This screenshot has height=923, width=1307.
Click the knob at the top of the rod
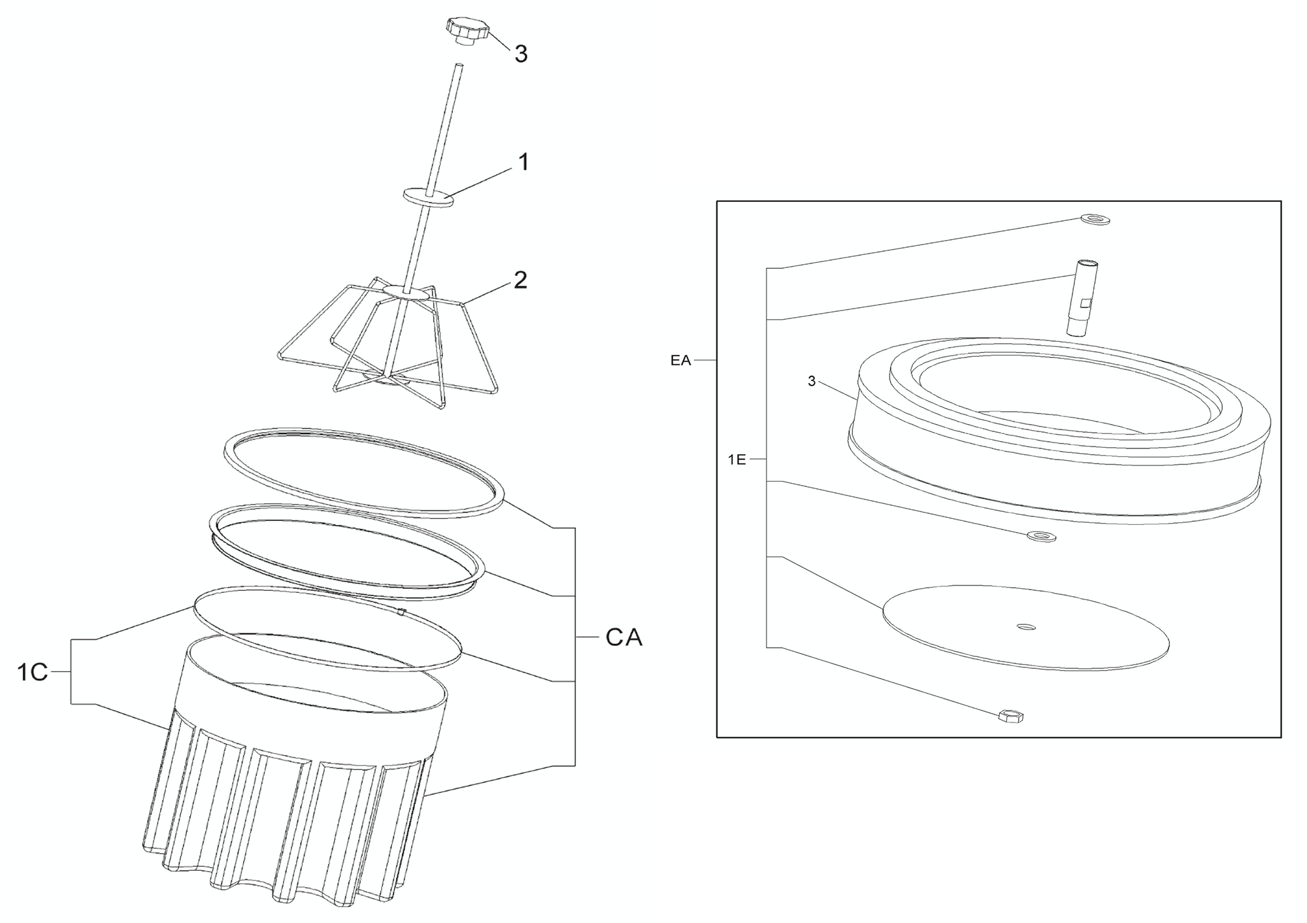click(x=467, y=30)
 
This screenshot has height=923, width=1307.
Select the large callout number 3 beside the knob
click(x=521, y=54)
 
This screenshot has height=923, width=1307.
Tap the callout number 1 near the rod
click(x=523, y=162)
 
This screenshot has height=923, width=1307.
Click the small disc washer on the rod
click(x=428, y=196)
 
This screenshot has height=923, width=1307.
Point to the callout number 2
click(x=520, y=280)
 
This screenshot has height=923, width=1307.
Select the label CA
click(x=624, y=637)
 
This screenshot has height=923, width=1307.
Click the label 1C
click(x=33, y=672)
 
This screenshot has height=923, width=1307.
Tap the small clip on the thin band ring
click(x=403, y=612)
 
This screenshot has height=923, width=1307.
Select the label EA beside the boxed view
click(x=680, y=360)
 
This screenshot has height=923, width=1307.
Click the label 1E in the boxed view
click(x=736, y=460)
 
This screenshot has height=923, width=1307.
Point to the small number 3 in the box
click(x=812, y=382)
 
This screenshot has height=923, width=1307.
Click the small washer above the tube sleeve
click(x=1095, y=219)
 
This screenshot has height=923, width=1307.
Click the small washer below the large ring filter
click(x=1042, y=537)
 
